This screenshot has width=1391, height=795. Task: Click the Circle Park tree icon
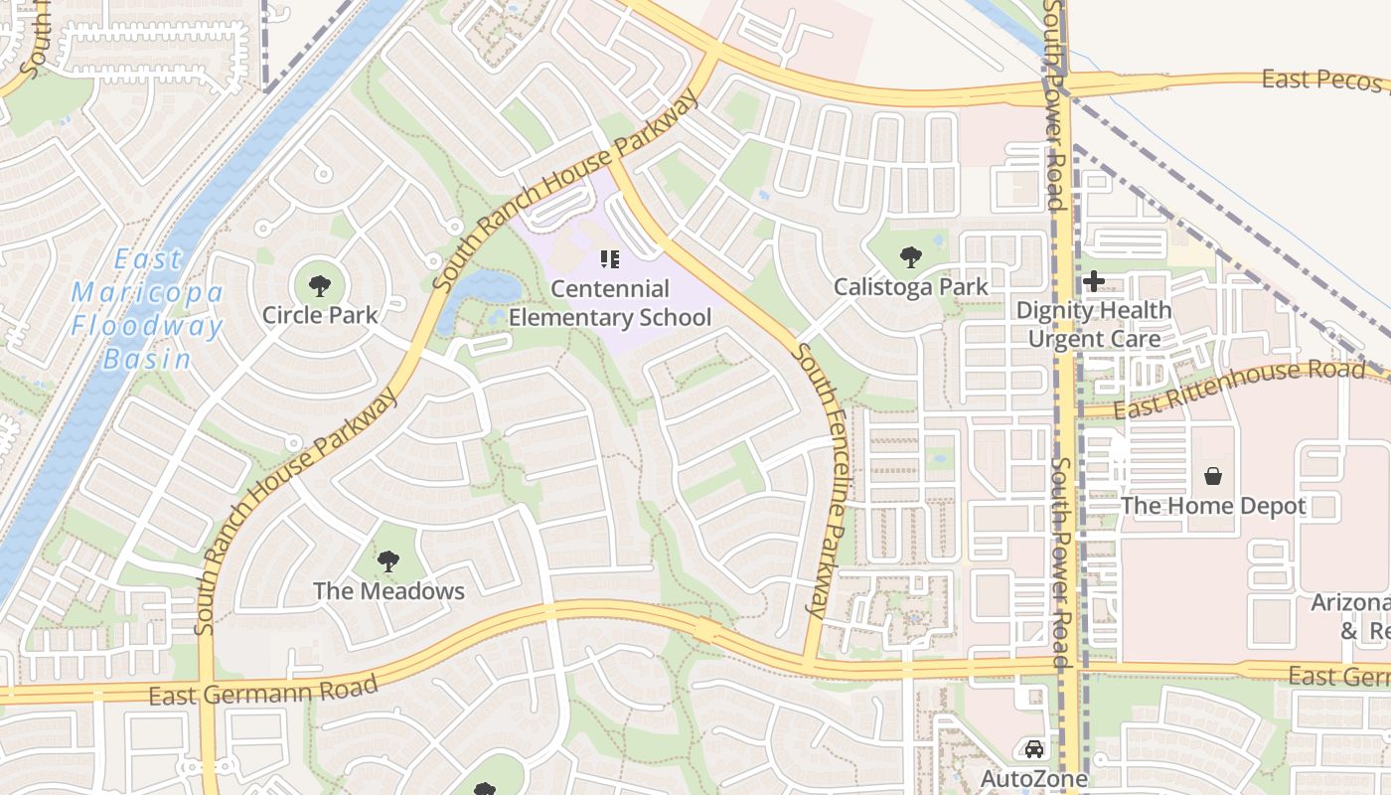[319, 286]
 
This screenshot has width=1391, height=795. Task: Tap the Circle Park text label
[319, 315]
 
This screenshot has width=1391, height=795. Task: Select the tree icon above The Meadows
[388, 561]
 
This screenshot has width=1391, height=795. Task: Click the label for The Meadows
[388, 591]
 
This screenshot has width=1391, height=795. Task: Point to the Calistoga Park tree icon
[910, 258]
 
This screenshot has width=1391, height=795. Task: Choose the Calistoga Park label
[910, 287]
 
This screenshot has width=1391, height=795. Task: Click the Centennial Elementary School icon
[610, 260]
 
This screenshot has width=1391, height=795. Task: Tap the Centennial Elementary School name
[610, 303]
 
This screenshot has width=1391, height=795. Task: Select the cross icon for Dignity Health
[1094, 281]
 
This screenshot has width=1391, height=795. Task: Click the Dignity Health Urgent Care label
[1094, 324]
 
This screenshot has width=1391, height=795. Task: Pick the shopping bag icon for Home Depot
[1212, 477]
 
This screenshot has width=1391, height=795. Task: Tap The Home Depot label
[1212, 506]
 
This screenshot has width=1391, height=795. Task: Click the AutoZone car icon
[1034, 749]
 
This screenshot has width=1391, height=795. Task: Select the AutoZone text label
[1034, 778]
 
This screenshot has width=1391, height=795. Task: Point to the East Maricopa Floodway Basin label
[147, 309]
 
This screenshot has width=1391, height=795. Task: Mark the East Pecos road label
[1322, 79]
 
